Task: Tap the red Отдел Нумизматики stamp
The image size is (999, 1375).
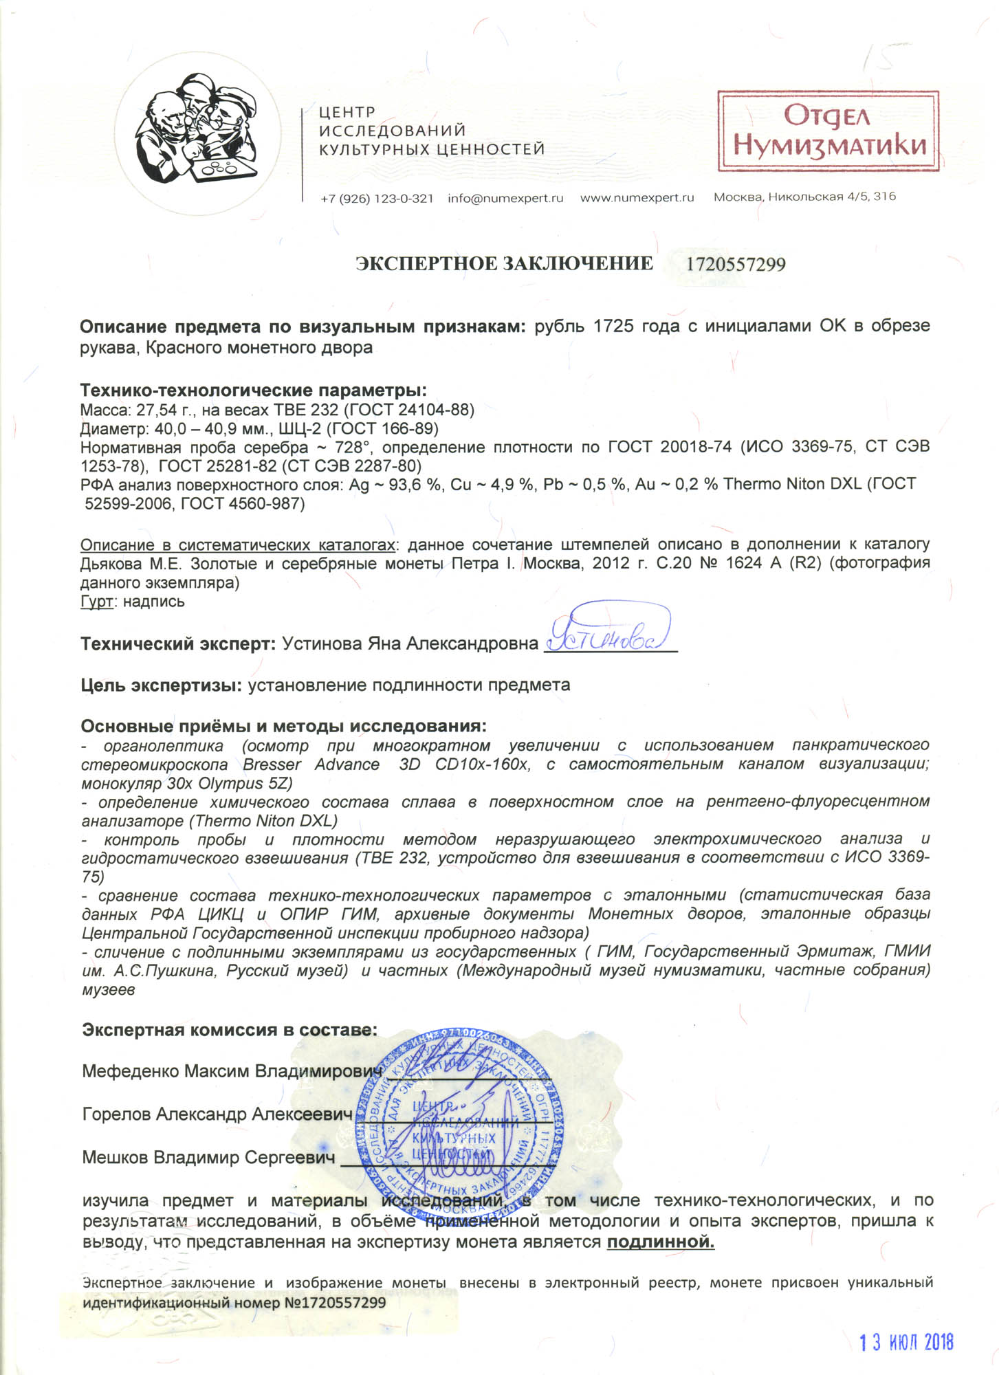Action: pos(828,131)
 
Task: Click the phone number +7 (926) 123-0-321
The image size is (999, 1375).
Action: pos(377,198)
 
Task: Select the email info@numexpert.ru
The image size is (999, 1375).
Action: pos(505,198)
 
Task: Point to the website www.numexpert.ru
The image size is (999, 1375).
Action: pos(637,198)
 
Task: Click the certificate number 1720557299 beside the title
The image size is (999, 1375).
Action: pos(736,264)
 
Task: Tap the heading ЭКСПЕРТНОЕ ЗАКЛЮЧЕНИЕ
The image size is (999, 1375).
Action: pos(504,263)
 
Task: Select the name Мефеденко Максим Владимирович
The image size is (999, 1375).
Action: pos(232,1070)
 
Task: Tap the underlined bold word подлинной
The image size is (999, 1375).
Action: pos(660,1242)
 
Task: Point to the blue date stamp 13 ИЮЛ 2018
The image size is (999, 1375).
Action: pos(907,1343)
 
